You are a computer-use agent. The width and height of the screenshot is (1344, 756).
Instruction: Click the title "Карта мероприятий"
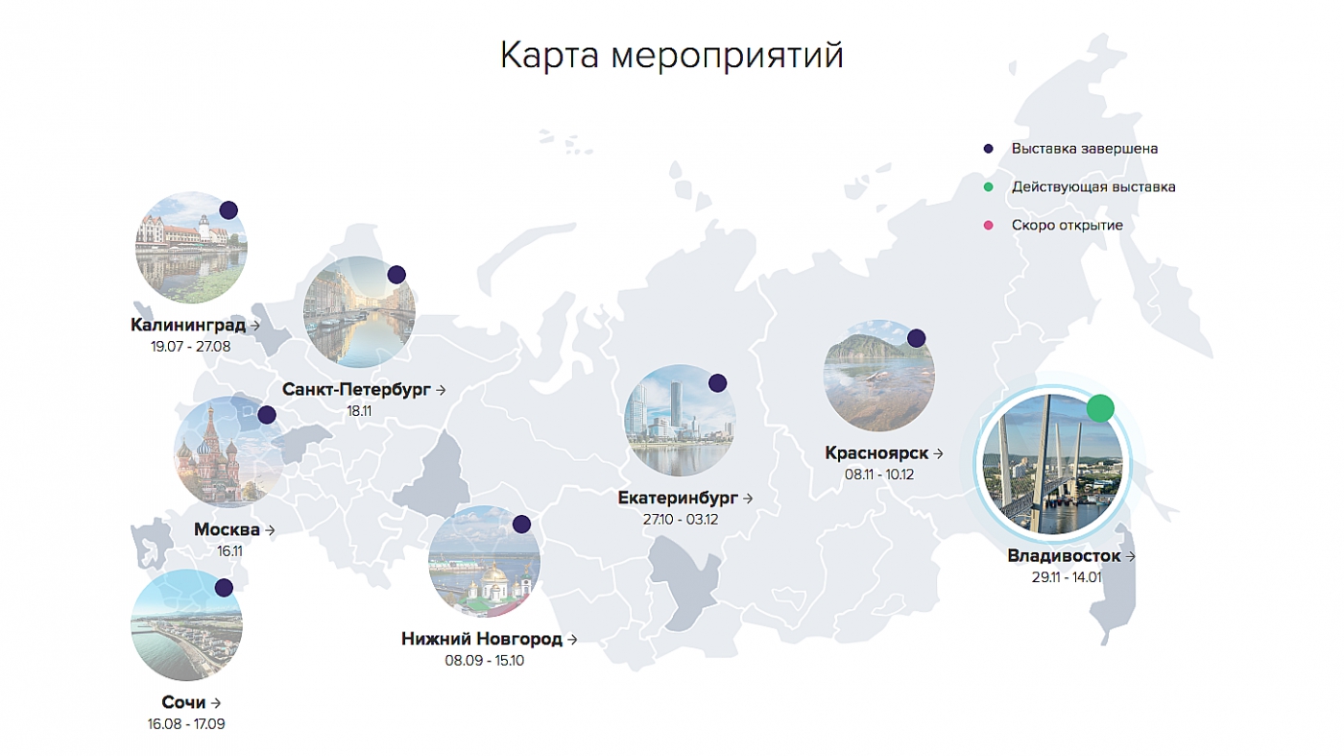click(x=671, y=56)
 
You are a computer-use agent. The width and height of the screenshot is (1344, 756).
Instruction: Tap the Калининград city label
click(x=188, y=325)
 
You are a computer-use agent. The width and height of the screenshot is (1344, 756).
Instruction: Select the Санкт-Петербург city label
click(x=356, y=390)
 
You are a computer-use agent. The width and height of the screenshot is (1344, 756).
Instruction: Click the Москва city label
click(x=227, y=529)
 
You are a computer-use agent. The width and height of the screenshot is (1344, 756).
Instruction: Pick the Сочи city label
click(x=183, y=702)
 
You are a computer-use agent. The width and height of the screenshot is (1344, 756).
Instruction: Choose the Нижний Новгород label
click(x=482, y=639)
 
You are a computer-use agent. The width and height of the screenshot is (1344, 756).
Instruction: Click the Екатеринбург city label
click(x=678, y=498)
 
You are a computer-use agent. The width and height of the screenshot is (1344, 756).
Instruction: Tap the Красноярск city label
click(x=876, y=452)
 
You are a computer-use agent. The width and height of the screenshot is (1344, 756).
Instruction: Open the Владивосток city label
click(x=1064, y=556)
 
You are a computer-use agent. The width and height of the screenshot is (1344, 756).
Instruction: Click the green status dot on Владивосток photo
click(x=1100, y=408)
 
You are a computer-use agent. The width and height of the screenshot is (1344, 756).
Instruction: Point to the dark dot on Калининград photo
click(x=228, y=210)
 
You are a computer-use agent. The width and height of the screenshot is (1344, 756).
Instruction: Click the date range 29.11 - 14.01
click(x=1067, y=577)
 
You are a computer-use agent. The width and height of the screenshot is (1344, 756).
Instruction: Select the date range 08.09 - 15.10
click(x=484, y=661)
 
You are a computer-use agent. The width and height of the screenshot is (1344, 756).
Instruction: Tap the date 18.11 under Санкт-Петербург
click(x=359, y=411)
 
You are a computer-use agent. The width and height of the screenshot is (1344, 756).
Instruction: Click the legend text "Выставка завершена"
click(x=1085, y=148)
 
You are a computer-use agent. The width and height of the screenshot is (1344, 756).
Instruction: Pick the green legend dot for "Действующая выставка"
click(x=988, y=186)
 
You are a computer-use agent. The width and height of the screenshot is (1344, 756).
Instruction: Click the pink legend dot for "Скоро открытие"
click(x=988, y=225)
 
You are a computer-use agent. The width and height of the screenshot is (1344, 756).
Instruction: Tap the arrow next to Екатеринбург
click(x=748, y=499)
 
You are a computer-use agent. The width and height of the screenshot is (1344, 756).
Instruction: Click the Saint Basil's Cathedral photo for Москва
click(x=229, y=451)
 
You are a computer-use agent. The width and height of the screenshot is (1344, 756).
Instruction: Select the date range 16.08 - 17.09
click(x=186, y=724)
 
